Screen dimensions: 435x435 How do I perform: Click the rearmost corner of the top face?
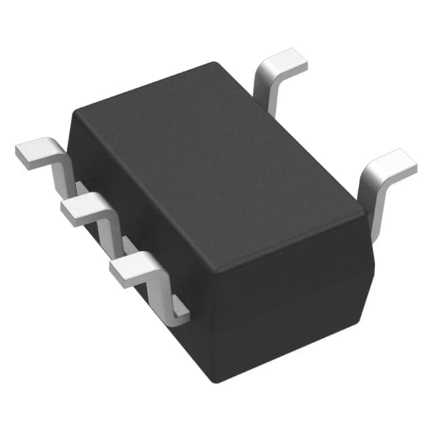click(216, 65)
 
